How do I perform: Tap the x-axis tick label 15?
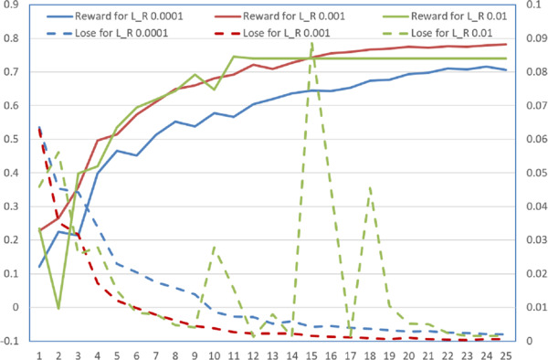[x=311, y=352]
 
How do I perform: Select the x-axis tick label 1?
[x=39, y=352]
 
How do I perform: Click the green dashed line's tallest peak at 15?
[x=311, y=42]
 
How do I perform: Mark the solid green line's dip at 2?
[x=58, y=308]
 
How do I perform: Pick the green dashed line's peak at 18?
[x=369, y=186]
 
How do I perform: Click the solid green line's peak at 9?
[x=195, y=75]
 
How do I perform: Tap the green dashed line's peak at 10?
[x=214, y=245]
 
